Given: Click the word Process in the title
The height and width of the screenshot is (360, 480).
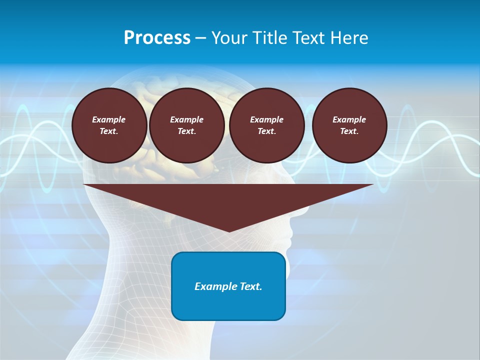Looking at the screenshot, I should point(157,38).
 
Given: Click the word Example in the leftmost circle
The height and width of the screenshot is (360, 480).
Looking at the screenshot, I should point(109,119).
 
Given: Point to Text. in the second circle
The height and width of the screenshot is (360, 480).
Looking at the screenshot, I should point(186,131).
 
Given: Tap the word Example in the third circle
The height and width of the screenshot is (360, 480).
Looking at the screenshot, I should point(266,119).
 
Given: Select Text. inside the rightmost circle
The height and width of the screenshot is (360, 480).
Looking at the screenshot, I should point(349,131).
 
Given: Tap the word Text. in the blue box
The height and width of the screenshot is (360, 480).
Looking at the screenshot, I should point(250,286).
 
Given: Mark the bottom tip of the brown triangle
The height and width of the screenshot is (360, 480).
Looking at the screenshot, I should point(229,231).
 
